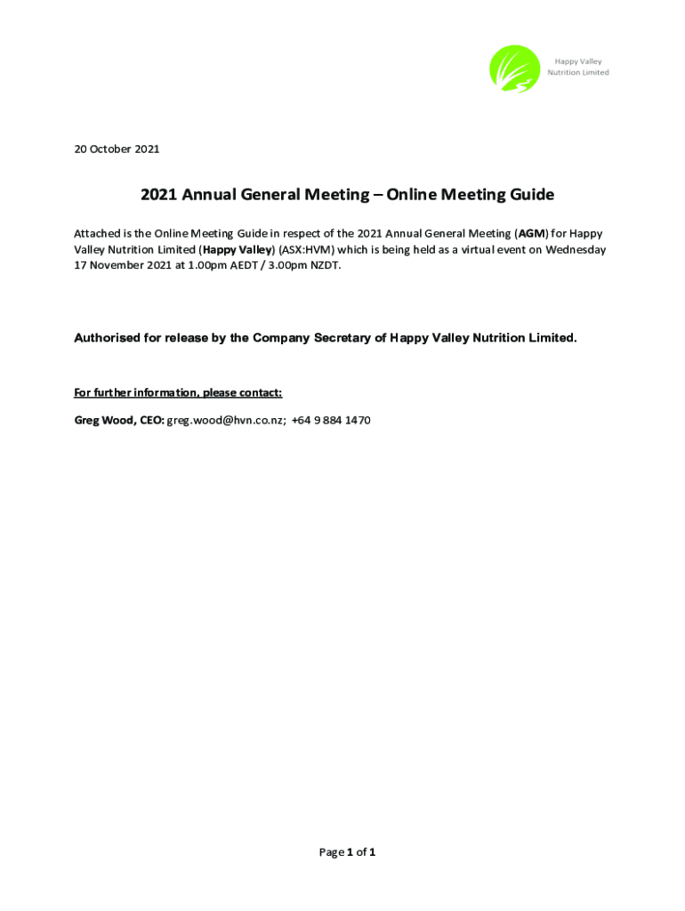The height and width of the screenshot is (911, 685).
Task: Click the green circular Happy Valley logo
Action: coord(514,69)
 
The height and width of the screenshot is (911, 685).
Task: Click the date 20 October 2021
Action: coord(117,149)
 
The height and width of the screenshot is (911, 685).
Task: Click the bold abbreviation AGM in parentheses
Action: coord(532,234)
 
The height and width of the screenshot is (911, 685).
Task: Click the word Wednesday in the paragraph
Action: coord(576,250)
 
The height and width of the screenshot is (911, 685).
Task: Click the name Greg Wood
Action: coord(103,420)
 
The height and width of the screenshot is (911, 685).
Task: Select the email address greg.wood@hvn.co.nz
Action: coord(226,420)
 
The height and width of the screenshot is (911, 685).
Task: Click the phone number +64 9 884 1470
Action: coord(331,420)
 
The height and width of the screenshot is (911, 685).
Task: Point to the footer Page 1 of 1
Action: coord(347,852)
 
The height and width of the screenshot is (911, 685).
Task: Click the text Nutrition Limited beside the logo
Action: coord(578,73)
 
